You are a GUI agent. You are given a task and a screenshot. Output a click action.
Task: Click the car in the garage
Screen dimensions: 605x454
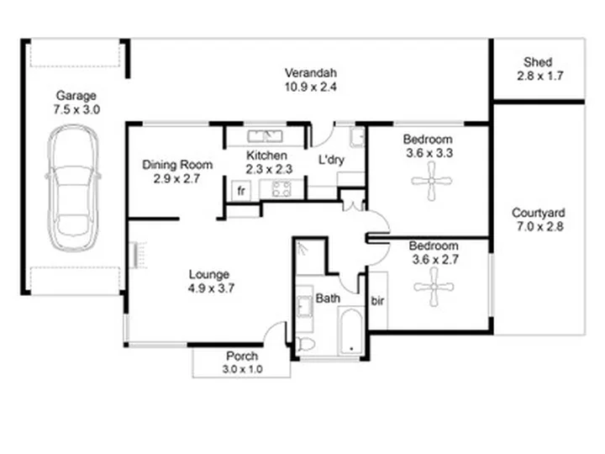72,188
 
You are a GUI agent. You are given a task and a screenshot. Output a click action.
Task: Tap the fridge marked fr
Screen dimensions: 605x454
241,191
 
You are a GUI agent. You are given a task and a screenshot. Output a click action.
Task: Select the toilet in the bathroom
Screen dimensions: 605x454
306,344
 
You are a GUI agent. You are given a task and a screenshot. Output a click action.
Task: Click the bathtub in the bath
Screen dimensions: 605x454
351,331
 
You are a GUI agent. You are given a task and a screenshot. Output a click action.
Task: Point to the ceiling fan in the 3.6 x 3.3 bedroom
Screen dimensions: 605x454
431,181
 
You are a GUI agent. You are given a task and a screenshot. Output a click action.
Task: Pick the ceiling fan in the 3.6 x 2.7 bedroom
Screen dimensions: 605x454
434,287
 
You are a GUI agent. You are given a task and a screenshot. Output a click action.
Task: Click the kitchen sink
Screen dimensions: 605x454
265,136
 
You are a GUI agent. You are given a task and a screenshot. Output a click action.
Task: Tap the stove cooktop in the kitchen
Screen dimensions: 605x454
281,189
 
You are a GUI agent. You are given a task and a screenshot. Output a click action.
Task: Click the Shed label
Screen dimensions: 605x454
538,61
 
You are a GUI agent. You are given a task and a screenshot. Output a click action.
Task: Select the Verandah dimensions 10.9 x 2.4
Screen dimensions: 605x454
311,87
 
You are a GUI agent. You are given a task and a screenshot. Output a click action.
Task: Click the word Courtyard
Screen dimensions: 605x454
539,213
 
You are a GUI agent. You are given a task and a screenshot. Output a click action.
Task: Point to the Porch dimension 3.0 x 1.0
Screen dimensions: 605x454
242,369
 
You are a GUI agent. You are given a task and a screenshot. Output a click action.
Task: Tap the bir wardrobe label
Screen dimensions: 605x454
377,301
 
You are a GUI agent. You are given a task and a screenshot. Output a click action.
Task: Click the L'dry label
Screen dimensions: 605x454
331,160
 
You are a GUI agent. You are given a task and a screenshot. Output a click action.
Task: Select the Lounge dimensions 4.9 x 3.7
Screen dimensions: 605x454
211,288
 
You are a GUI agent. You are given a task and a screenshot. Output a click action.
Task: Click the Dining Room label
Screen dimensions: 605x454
177,165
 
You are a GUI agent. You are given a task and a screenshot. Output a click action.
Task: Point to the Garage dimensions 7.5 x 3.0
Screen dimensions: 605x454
76,109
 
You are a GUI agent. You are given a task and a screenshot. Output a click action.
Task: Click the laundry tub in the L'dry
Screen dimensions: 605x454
357,137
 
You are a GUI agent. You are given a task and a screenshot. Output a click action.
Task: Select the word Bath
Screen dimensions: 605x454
328,298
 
